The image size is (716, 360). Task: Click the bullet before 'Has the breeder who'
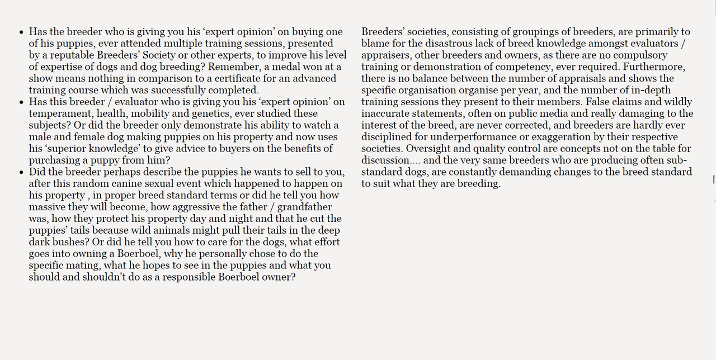[21, 32]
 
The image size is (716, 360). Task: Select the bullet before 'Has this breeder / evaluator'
[21, 103]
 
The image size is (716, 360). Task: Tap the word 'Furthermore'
[653, 67]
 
